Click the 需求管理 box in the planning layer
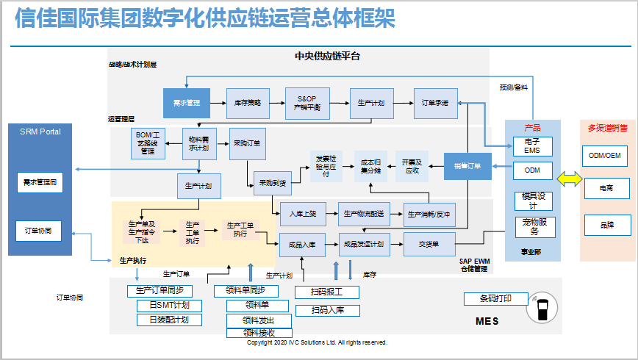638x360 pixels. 187,103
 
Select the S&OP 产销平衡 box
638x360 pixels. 307,103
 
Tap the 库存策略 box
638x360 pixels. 248,103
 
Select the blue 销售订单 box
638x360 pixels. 467,166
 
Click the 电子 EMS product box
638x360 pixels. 532,145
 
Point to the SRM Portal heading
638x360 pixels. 40,132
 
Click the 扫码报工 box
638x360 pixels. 327,292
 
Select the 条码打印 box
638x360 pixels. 496,299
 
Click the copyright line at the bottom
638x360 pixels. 317,342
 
